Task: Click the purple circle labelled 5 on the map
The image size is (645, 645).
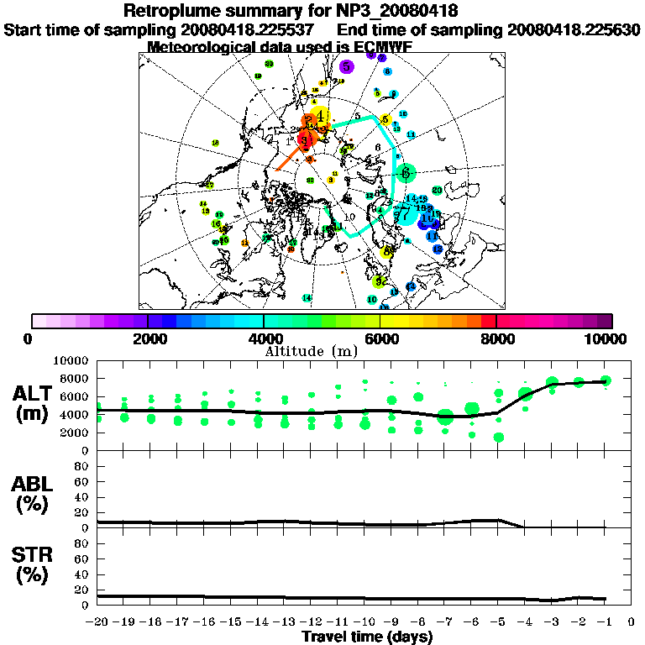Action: (346, 66)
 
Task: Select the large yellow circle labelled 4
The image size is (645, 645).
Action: (320, 117)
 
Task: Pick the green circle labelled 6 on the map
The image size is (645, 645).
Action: (406, 172)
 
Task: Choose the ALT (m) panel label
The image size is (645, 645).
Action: (34, 403)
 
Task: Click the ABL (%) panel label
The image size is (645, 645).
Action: (34, 495)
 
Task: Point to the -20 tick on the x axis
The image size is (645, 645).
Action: (97, 623)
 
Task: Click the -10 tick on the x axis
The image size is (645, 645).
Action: (364, 623)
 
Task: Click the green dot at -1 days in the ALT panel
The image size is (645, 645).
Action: (606, 380)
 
